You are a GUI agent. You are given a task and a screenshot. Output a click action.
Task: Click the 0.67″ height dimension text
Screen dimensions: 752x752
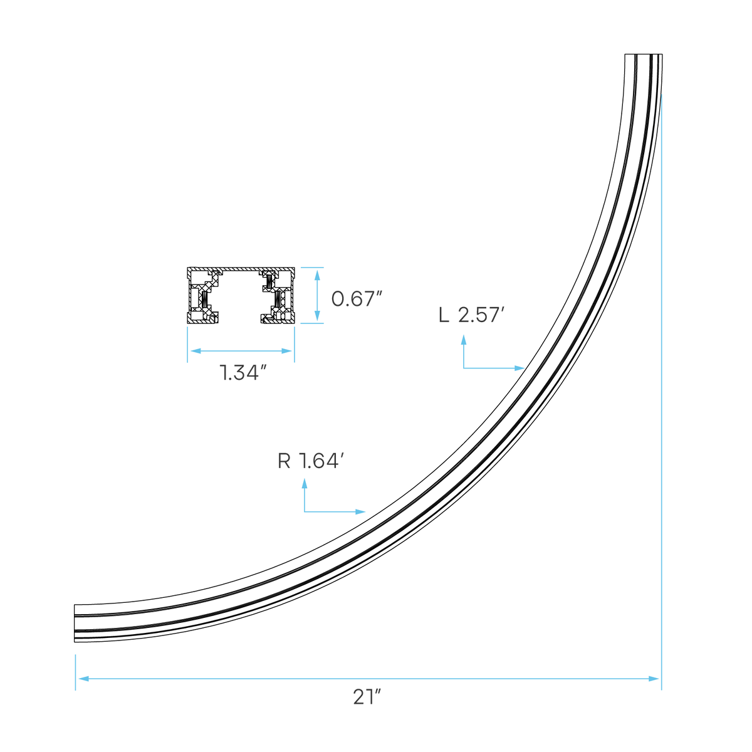pos(356,299)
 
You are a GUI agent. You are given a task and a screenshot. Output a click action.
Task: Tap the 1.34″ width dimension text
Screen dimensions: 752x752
pos(243,372)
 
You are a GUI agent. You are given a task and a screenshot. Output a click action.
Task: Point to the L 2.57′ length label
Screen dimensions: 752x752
pos(471,315)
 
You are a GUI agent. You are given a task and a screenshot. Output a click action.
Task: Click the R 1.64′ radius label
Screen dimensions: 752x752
pos(311,461)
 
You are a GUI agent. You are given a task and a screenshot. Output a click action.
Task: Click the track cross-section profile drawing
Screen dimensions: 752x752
pos(241,295)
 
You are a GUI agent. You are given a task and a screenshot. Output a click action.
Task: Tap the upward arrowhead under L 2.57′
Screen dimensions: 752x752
pos(464,340)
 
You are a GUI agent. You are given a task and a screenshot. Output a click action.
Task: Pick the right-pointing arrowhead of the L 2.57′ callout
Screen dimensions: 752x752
pos(520,368)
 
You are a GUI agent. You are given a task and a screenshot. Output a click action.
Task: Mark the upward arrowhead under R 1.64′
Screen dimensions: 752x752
pos(305,484)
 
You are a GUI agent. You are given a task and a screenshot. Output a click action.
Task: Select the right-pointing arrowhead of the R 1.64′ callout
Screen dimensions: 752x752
pos(360,512)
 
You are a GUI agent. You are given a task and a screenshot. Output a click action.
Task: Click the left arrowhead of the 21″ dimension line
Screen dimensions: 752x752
pos(83,679)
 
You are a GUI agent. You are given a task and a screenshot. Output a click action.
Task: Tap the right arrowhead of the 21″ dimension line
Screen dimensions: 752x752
pos(654,679)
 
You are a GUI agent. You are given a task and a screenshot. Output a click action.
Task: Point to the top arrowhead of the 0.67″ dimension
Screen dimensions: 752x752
pos(317,275)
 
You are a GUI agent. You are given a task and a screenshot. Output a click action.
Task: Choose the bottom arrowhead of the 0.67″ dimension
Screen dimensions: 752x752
pos(317,316)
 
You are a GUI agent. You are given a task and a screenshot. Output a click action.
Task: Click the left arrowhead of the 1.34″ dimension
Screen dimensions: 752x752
pos(196,351)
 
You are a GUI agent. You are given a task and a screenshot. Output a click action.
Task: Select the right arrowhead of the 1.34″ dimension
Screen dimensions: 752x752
pos(286,351)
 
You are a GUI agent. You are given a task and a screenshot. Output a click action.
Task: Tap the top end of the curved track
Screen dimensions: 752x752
pos(644,55)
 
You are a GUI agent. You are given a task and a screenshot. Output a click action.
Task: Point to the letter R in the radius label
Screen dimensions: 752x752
pos(284,461)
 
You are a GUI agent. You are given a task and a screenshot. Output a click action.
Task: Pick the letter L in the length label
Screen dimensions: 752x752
pos(444,315)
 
